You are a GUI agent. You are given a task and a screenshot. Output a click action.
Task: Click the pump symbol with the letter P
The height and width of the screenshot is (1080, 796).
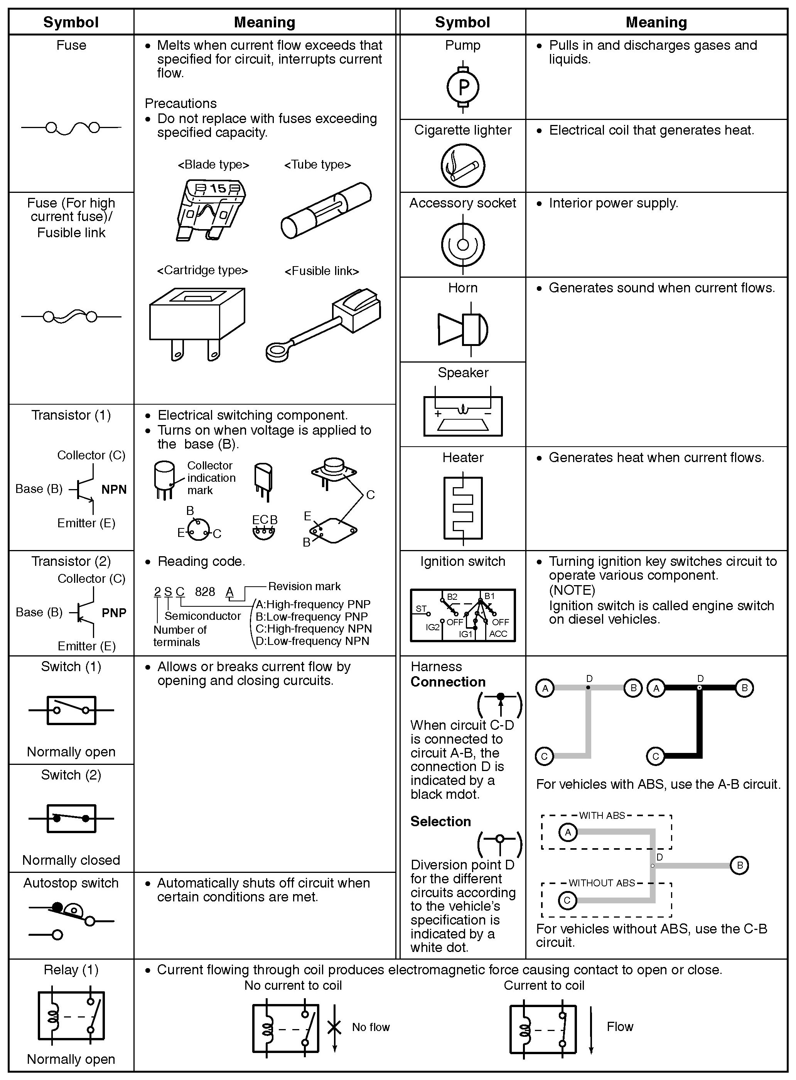click(462, 87)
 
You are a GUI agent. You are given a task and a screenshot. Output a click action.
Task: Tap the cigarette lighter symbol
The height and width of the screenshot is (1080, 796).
click(462, 165)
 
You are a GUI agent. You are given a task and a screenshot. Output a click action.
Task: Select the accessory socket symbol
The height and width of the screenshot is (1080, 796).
click(462, 244)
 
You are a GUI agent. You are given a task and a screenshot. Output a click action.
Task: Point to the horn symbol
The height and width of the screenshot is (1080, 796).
click(462, 329)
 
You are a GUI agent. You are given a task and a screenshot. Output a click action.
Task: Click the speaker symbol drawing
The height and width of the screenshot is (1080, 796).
click(462, 415)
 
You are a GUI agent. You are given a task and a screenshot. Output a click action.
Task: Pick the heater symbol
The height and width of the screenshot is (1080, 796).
click(462, 508)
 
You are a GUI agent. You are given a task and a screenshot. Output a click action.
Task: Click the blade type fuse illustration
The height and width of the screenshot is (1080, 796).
click(211, 210)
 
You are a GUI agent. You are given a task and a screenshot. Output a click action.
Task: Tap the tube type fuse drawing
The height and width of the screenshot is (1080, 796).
click(326, 210)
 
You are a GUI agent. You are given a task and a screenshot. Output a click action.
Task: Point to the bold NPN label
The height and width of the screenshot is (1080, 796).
click(114, 489)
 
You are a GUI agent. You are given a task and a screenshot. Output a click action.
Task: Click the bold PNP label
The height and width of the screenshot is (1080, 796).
click(114, 613)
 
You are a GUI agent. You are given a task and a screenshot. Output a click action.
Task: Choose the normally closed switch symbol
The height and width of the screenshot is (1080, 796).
click(71, 818)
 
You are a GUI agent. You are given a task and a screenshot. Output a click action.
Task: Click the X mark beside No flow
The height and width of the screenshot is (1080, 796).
click(334, 1027)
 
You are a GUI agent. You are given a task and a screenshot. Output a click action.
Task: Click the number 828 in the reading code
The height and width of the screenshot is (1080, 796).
click(205, 592)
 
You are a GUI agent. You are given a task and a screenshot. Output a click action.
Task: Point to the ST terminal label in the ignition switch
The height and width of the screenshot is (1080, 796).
click(421, 609)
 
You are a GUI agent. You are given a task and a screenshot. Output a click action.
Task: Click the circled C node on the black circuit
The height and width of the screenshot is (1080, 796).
click(655, 756)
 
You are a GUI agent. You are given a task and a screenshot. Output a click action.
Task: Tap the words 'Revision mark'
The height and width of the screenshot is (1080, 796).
click(304, 586)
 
